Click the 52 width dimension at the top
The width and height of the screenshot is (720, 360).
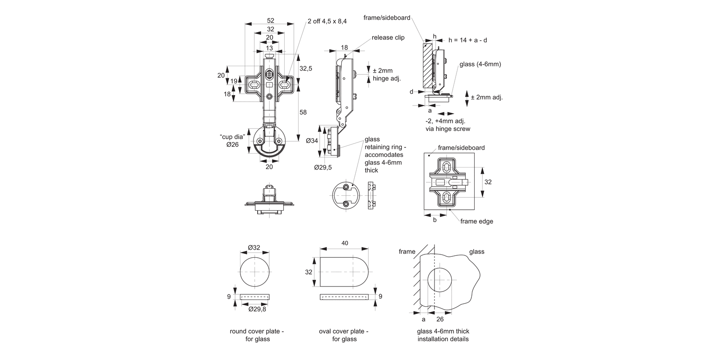(x=270, y=21)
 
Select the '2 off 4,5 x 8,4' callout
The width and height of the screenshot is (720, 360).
(x=327, y=21)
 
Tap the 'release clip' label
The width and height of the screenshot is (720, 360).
(x=388, y=37)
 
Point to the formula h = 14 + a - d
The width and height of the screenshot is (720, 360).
(x=468, y=40)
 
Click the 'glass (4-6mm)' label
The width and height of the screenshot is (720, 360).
(x=480, y=64)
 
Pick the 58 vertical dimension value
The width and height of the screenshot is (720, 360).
(x=303, y=112)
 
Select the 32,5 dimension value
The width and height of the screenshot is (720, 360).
(x=306, y=69)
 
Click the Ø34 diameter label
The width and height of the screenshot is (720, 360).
(x=312, y=141)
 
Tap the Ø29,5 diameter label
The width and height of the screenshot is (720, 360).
(x=323, y=168)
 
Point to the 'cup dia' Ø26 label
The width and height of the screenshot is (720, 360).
(x=232, y=141)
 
